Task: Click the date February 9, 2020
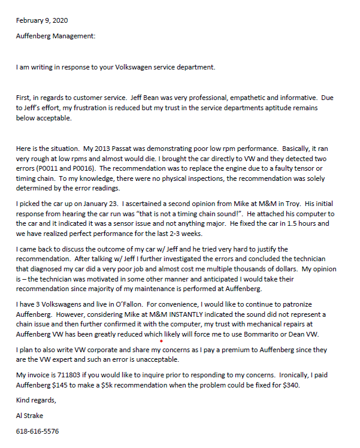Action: pyautogui.click(x=42, y=20)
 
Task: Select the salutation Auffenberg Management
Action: pyautogui.click(x=56, y=35)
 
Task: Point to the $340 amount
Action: pyautogui.click(x=289, y=386)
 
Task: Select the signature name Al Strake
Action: pyautogui.click(x=31, y=415)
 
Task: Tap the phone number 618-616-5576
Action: pyautogui.click(x=38, y=431)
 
